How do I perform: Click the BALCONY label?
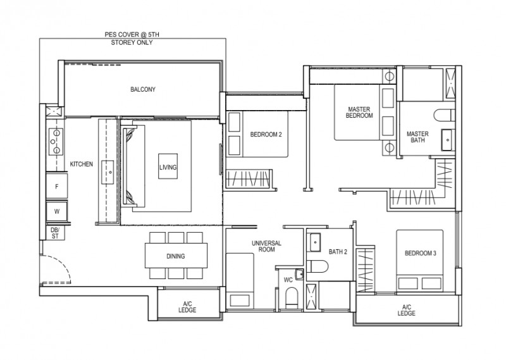143,89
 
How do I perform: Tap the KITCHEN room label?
82,164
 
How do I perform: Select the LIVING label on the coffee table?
168,167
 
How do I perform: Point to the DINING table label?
176,256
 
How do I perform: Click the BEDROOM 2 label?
266,134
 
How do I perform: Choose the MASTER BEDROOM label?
359,113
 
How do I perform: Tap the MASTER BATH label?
417,137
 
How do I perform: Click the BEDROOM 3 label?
420,254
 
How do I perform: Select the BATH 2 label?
338,252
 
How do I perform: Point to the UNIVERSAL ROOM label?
266,246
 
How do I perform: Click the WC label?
288,280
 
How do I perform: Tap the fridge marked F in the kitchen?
57,186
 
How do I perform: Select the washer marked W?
57,212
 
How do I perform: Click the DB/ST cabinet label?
55,233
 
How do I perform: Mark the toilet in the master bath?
444,115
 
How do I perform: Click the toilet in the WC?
292,298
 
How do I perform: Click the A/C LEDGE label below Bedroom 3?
406,310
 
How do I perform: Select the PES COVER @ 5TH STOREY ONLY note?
132,39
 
